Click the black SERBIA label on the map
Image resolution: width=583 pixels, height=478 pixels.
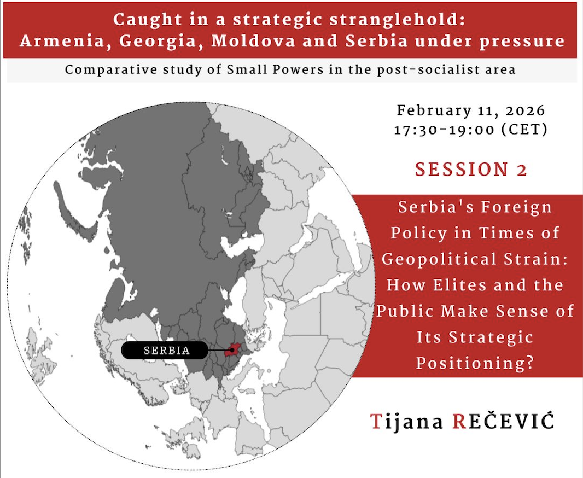(x=165, y=350)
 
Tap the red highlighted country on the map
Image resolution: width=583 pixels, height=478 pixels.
(x=233, y=350)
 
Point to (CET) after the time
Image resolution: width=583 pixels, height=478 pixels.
(x=524, y=130)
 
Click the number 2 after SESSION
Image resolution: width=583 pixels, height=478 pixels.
(x=522, y=170)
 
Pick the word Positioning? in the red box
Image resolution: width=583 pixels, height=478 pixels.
(x=475, y=363)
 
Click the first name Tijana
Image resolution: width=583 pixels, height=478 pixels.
(x=407, y=422)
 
